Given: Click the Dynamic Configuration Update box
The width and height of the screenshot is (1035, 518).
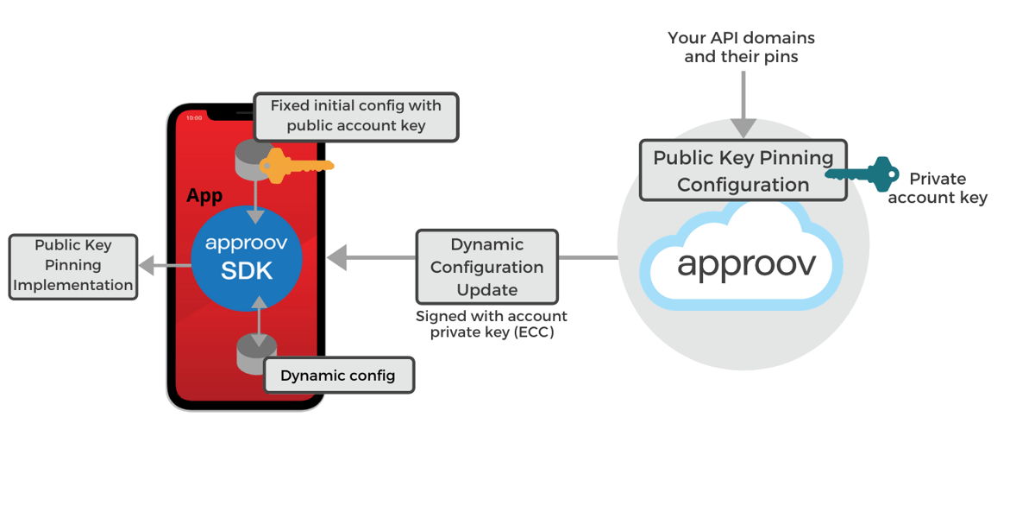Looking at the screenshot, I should coord(486,267).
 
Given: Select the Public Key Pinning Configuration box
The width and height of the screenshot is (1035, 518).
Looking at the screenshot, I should coord(743,171).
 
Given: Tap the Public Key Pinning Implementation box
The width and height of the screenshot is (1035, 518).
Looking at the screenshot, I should coord(73,266).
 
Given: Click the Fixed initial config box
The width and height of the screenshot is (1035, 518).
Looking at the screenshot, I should coord(355,117).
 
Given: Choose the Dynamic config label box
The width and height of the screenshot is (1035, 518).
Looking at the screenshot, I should coord(338,376).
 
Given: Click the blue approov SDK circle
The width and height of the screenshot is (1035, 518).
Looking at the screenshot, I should coord(247,259).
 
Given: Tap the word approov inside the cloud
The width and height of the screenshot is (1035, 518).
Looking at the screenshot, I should coord(746,262).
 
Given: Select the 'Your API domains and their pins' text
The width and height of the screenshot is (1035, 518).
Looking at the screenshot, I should coord(741,47).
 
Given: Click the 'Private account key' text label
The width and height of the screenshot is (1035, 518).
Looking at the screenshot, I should coord(938,188).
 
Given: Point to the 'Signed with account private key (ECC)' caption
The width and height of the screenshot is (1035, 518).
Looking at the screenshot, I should coord(492,324).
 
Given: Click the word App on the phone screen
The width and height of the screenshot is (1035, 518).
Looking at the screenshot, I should coord(204,196).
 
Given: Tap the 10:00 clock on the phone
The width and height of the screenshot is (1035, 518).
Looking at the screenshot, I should coord(194,117).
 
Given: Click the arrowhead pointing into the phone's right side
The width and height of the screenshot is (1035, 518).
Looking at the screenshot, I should coord(337,257).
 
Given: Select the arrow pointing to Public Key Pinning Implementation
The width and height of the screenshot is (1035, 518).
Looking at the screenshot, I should coord(155,265).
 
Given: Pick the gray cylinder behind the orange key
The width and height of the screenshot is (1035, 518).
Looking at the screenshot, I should coord(253,157).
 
